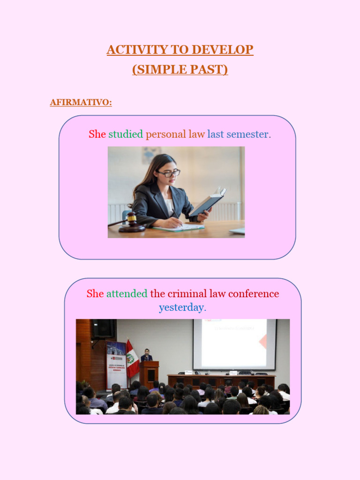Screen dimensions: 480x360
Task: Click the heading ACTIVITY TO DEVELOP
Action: [180, 50]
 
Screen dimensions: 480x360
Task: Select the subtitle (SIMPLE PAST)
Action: [180, 69]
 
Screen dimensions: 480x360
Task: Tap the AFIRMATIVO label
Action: [81, 102]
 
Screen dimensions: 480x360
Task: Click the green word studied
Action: [126, 134]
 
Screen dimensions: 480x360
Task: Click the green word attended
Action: [127, 294]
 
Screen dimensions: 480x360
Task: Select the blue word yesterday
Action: [182, 307]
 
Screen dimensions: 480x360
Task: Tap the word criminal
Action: [186, 294]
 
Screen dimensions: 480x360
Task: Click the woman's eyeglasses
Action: [169, 173]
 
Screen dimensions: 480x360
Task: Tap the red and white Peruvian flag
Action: [132, 359]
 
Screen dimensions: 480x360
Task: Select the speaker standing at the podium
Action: [146, 355]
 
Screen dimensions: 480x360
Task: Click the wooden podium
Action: [149, 373]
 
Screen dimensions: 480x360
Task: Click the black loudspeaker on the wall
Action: [103, 329]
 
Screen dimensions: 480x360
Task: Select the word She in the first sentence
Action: [97, 134]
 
